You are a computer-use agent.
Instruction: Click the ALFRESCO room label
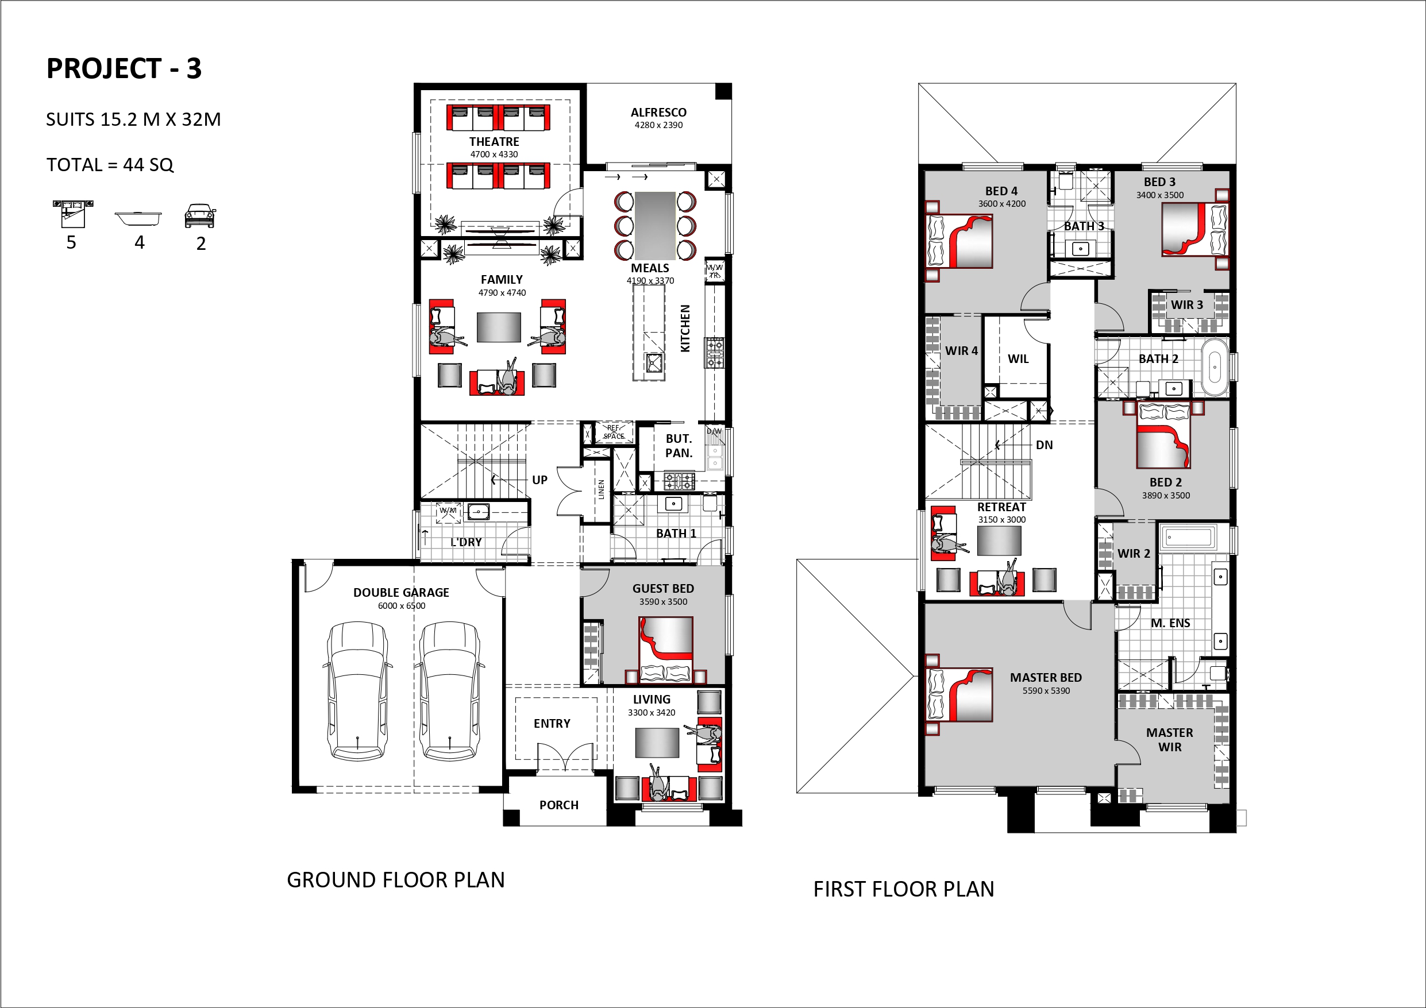point(658,113)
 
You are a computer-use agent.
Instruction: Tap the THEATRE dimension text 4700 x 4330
point(494,155)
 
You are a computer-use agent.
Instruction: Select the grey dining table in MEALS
point(654,226)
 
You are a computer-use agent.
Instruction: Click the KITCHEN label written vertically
point(685,329)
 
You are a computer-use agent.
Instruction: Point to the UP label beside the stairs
point(539,480)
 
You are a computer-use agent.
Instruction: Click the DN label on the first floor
point(1044,445)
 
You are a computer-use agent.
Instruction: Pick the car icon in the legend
point(200,215)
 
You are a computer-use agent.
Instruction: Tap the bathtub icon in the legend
point(138,219)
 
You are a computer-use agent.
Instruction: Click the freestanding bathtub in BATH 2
point(1215,367)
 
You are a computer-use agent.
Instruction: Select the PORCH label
point(559,805)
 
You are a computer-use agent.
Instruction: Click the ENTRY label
point(552,724)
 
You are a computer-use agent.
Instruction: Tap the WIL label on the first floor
point(1018,359)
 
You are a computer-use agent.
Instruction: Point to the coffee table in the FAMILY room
point(499,327)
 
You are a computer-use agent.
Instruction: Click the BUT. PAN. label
point(679,446)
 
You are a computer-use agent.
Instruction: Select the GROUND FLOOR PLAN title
point(396,880)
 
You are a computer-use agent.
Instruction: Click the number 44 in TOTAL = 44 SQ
point(133,165)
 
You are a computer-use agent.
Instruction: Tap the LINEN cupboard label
point(600,489)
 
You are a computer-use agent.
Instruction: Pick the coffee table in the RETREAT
point(999,540)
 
